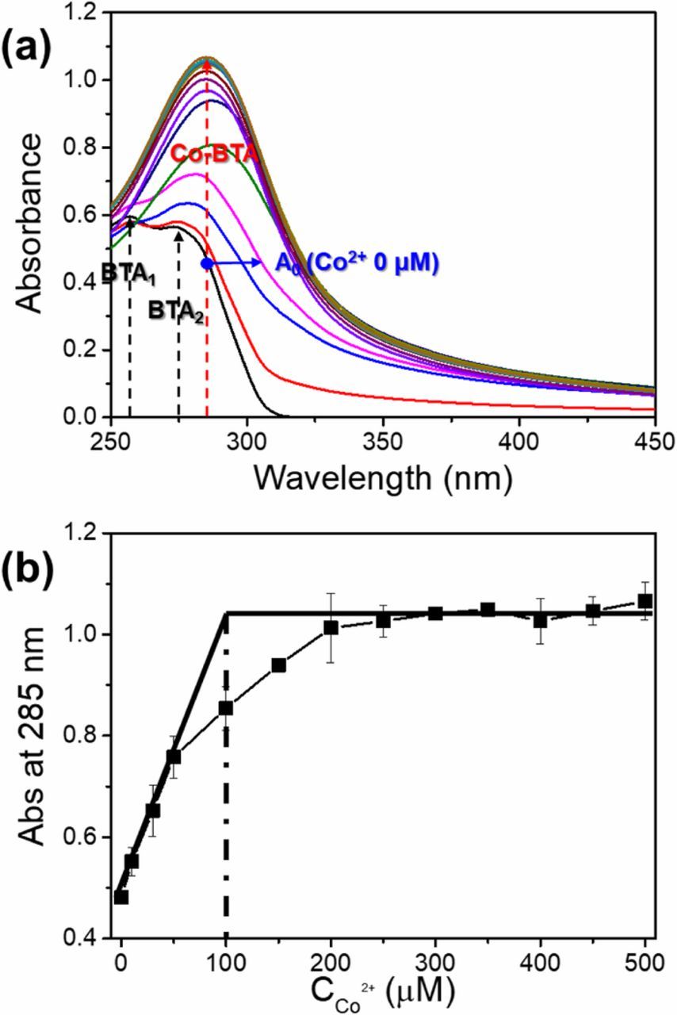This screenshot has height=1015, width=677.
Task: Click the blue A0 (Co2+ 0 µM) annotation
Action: point(355,262)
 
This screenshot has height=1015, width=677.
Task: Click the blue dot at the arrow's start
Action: point(207,263)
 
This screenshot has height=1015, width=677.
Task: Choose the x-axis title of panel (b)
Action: point(384,986)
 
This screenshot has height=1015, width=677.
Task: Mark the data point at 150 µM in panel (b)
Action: point(278,665)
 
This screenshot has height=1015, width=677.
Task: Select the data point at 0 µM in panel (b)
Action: point(121,897)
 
